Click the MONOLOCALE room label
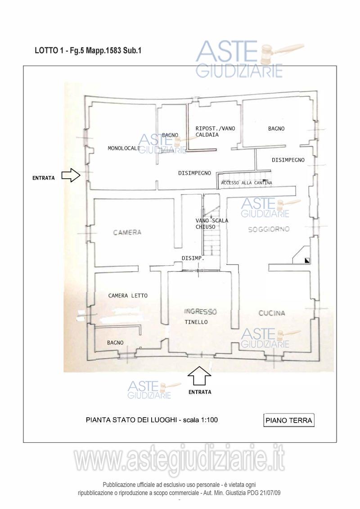click(124, 148)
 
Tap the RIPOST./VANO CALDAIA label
click(215, 131)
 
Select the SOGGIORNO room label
click(269, 229)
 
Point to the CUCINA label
click(272, 313)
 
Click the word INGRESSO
click(200, 312)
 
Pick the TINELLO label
click(196, 322)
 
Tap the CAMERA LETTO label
click(128, 296)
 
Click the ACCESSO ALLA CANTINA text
click(246, 183)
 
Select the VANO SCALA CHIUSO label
click(211, 224)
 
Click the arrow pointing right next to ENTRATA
click(71, 175)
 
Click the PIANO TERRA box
click(288, 420)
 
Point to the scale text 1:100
click(209, 420)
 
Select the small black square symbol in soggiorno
click(307, 260)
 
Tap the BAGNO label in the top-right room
click(276, 129)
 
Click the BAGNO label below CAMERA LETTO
click(115, 343)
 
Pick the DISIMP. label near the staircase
click(193, 258)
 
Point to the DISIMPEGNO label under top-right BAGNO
click(288, 160)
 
